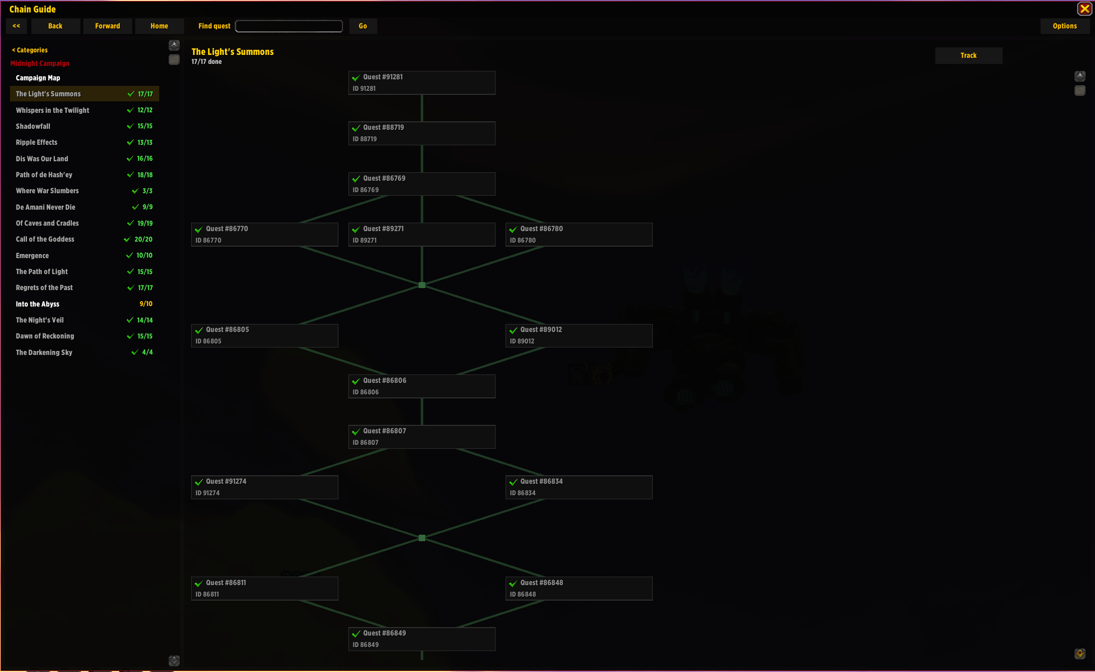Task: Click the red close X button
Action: click(1085, 9)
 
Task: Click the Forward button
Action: click(108, 26)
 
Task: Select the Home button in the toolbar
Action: click(159, 26)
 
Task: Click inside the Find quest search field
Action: click(289, 26)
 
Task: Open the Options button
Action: click(1065, 26)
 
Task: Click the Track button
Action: click(968, 55)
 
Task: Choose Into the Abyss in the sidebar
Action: click(37, 304)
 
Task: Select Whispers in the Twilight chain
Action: click(52, 110)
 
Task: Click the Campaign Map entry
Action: click(38, 78)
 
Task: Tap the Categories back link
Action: click(30, 50)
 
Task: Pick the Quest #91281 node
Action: click(422, 83)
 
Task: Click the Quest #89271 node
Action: click(422, 235)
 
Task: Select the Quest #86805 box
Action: click(265, 336)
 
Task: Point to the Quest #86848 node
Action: click(579, 589)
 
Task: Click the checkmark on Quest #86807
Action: click(356, 432)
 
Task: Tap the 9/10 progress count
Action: click(146, 304)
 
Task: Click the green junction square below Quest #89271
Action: click(422, 285)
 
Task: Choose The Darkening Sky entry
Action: click(44, 352)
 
